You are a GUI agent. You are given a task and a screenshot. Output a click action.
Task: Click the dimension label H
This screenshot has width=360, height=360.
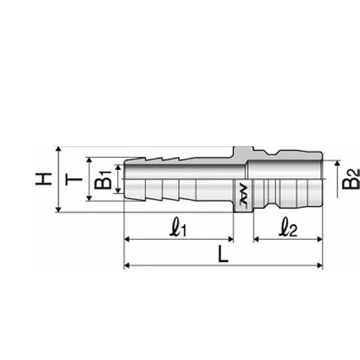[x=43, y=179]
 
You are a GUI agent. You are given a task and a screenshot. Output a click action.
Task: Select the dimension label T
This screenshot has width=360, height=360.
[x=73, y=179]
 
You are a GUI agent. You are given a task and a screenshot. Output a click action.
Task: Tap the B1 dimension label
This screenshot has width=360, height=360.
[x=103, y=180]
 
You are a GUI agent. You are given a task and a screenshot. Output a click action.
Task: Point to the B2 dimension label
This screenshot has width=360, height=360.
[x=351, y=179]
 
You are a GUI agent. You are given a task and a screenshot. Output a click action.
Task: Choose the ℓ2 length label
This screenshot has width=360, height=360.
[x=288, y=227]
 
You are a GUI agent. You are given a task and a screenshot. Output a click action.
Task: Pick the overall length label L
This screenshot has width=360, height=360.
[x=223, y=254]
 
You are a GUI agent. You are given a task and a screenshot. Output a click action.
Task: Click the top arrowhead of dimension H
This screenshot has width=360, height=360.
[x=59, y=149]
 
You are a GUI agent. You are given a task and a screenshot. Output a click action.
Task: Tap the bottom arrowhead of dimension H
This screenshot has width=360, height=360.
[x=59, y=209]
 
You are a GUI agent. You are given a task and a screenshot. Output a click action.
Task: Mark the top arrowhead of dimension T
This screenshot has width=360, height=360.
[x=89, y=160]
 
